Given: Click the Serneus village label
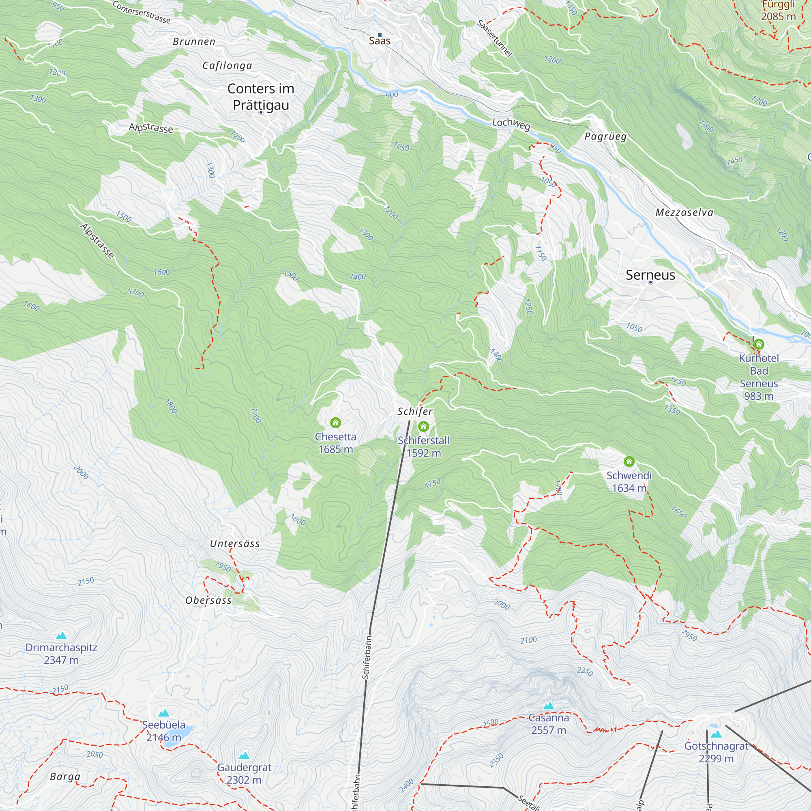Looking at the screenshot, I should coord(650,275).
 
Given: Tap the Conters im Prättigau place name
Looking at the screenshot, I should coord(261,97).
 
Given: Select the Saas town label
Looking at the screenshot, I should coord(380,41).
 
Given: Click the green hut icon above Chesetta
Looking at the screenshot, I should coord(335,422).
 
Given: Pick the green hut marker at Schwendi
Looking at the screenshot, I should coord(629,462).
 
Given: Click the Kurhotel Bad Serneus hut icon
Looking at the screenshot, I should coord(759,345).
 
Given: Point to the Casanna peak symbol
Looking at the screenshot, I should coord(549,706).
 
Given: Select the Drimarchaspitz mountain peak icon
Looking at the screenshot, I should coord(61,636).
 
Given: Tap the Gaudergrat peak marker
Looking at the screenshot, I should coord(244,756).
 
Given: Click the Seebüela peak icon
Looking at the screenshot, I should coord(164,713).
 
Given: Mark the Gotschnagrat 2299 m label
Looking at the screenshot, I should coord(716,752).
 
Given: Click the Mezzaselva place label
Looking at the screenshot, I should coord(684,212).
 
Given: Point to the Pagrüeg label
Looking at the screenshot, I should coord(606,136).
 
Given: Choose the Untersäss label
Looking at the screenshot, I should coord(235,544).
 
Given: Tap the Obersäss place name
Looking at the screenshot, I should coord(208,600).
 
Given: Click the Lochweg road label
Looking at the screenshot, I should coord(511,124).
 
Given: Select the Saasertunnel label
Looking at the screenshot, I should coord(494,38).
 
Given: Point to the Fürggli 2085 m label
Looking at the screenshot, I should coord(778,11).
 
